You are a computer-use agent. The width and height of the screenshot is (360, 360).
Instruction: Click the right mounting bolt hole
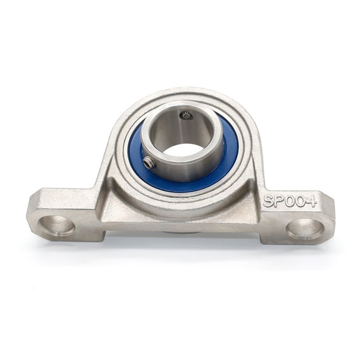pyautogui.click(x=306, y=227)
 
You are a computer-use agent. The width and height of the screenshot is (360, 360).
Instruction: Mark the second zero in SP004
pyautogui.click(x=301, y=202)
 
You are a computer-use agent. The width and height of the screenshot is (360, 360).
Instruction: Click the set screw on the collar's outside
pyautogui.click(x=149, y=162)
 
